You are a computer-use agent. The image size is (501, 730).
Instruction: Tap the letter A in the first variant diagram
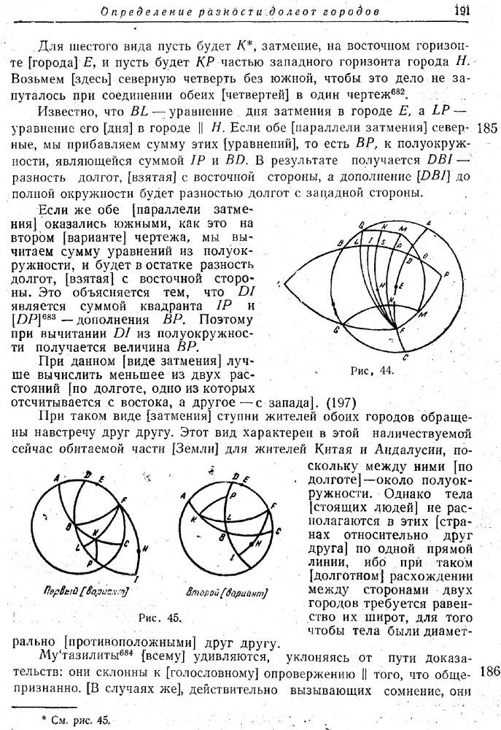55,477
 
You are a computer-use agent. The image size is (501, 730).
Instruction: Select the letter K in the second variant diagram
193,520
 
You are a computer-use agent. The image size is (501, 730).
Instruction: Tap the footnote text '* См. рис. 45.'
77,720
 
